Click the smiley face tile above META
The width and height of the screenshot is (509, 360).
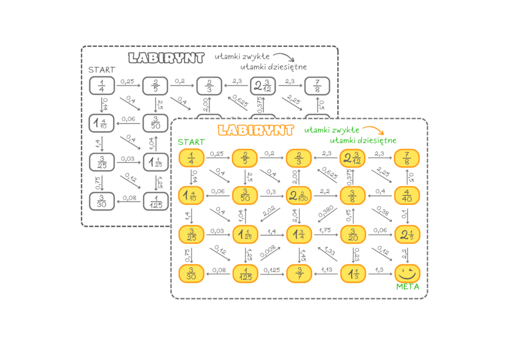click(406, 273)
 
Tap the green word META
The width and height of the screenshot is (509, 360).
click(408, 287)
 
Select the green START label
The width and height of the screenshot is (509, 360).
click(191, 142)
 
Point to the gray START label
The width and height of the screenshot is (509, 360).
click(102, 70)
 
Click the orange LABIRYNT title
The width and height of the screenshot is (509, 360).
click(256, 131)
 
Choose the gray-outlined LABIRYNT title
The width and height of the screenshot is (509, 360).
click(166, 58)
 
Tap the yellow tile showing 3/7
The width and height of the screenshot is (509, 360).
click(299, 273)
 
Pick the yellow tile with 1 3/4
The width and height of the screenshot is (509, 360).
click(299, 234)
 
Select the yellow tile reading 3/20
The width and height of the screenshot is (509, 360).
click(353, 234)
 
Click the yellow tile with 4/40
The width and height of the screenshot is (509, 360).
click(406, 196)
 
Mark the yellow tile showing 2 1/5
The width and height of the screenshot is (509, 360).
click(406, 234)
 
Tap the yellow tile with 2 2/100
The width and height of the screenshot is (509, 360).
click(299, 196)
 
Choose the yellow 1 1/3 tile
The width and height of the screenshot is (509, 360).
click(353, 273)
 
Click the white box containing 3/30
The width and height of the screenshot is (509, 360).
click(102, 201)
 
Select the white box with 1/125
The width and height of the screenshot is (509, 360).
click(156, 201)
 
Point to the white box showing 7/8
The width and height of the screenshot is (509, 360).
click(317, 86)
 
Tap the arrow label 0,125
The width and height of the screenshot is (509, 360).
click(272, 269)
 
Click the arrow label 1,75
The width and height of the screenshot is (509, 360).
click(325, 230)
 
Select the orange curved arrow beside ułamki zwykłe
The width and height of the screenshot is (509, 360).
click(370, 131)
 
